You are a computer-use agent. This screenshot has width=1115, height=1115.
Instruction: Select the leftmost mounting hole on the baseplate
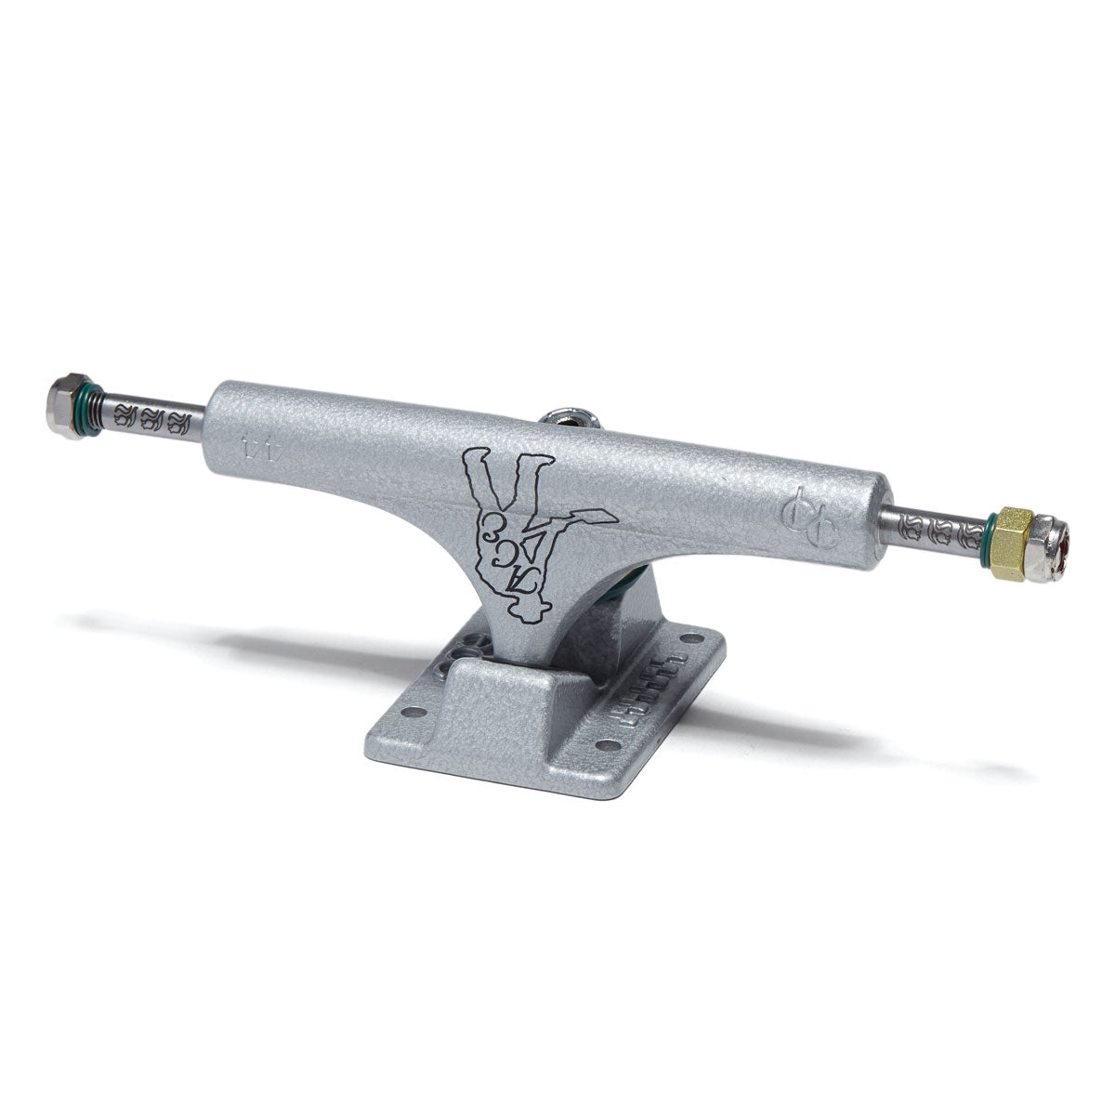click(417, 713)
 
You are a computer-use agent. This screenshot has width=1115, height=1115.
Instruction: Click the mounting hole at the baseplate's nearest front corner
click(605, 744)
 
